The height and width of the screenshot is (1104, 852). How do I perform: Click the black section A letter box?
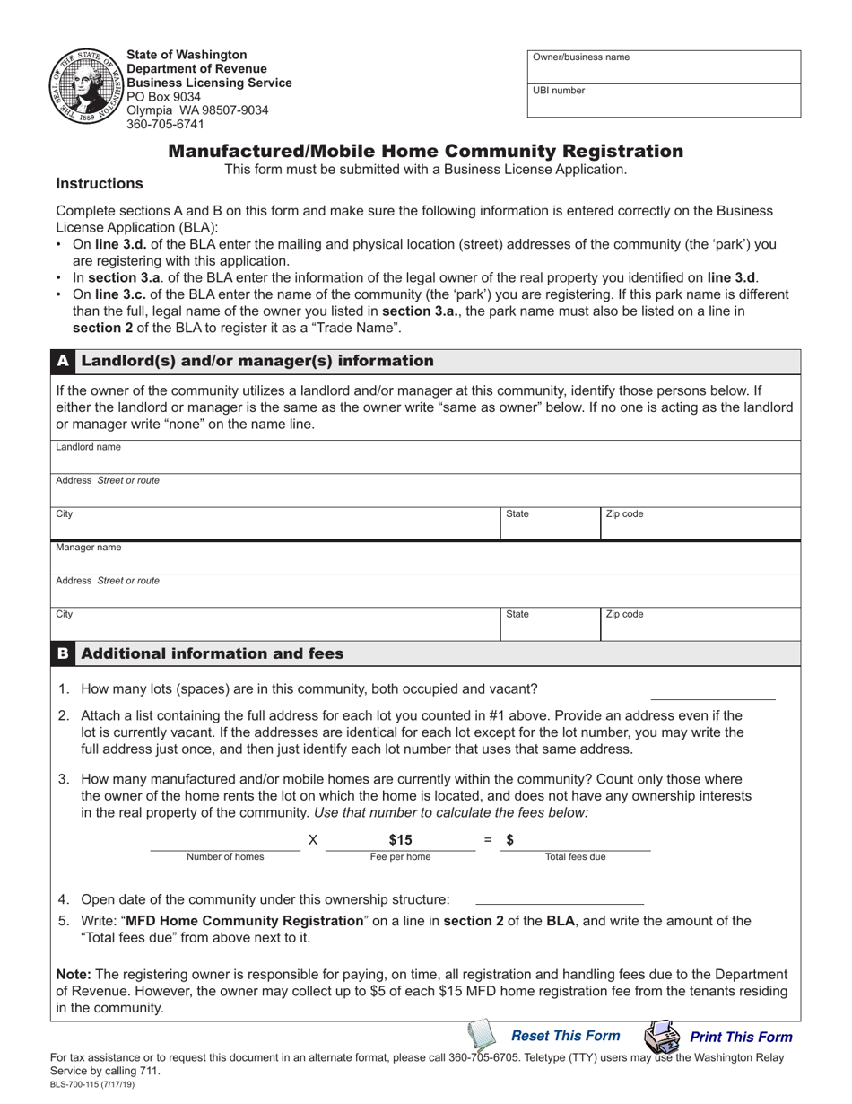click(x=63, y=361)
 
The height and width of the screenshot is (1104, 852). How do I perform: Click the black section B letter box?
click(x=63, y=653)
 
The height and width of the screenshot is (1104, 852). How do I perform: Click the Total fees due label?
click(x=575, y=857)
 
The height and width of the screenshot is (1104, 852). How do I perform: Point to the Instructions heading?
click(x=100, y=183)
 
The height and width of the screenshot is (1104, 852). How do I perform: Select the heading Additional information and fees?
click(x=213, y=653)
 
